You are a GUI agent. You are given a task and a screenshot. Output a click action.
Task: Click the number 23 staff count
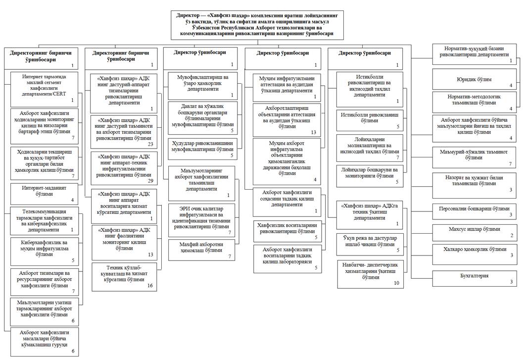point(150,145)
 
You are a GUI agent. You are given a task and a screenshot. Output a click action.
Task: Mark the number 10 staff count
point(396,283)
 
